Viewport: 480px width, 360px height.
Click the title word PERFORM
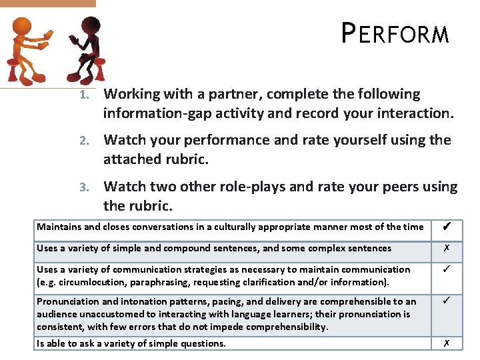click(x=395, y=33)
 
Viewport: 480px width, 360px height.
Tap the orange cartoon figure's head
click(x=23, y=27)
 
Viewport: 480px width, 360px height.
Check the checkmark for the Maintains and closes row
click(x=447, y=227)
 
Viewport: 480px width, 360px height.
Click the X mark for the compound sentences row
click(x=447, y=248)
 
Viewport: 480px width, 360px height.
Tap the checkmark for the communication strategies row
click(x=447, y=270)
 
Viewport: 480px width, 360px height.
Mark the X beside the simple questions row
click(x=447, y=343)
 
